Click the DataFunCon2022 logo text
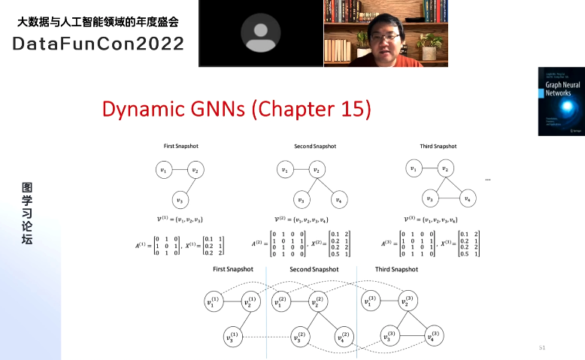coord(99,44)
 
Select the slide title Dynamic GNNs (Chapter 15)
coord(237,110)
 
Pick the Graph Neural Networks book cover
coord(560,101)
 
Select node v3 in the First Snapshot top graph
coord(179,200)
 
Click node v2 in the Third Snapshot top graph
coord(445,169)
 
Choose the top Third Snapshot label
coord(438,146)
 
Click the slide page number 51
coord(541,348)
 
